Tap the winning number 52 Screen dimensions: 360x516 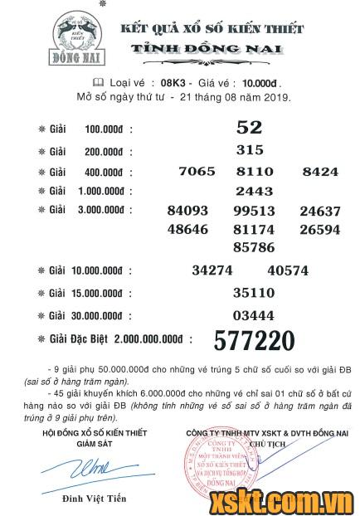tap(249, 128)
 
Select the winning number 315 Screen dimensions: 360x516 tap(249, 150)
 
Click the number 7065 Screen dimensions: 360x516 tap(197, 172)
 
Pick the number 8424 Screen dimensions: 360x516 tap(320, 172)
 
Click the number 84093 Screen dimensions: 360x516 tap(187, 211)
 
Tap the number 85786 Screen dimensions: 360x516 tap(254, 246)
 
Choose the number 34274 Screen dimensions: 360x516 tap(212, 270)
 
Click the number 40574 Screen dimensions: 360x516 tap(288, 270)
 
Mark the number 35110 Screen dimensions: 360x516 tap(254, 293)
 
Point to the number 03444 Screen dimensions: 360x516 tap(254, 315)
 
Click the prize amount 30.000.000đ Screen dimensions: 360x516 tap(107, 316)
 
